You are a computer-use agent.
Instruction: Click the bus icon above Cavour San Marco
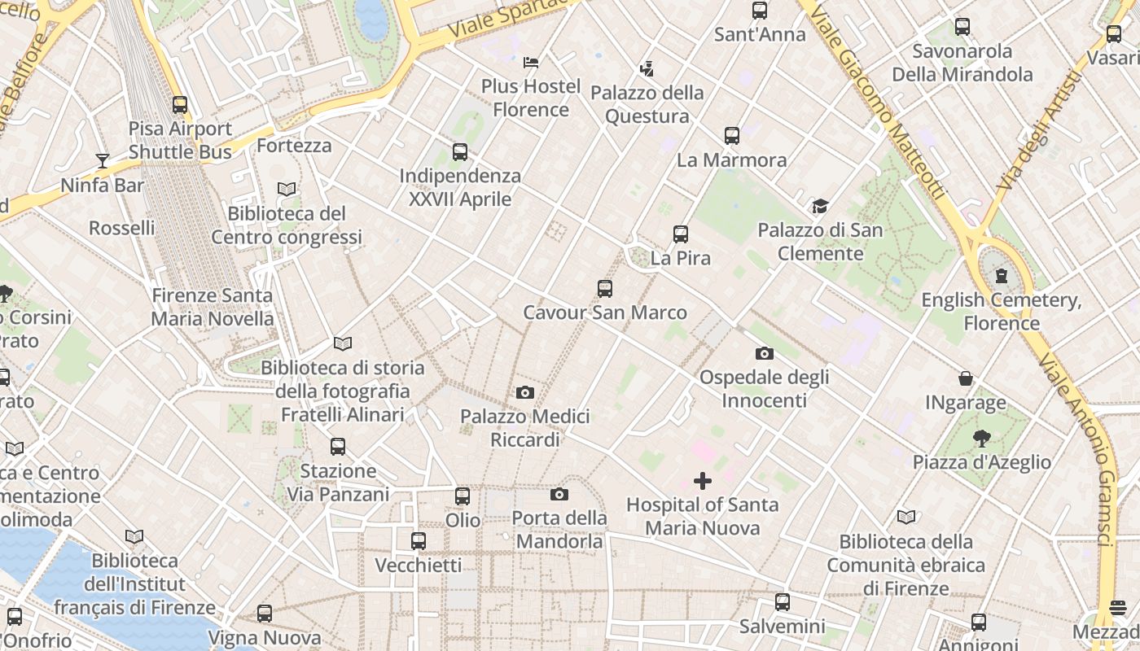coord(604,289)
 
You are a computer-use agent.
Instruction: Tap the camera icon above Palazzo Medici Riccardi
coord(525,393)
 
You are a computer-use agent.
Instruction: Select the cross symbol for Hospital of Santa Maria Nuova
coord(703,481)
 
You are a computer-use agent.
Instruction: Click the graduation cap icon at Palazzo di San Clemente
coord(820,207)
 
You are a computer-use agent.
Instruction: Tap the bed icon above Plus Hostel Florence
coord(531,62)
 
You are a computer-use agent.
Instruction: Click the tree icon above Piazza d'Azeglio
coord(982,439)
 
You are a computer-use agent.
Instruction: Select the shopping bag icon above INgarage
coord(966,378)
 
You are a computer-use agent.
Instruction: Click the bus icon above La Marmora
coord(732,136)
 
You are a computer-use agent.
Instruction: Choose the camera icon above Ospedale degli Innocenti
coord(764,353)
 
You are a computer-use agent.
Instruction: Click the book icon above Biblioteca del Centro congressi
coord(287,190)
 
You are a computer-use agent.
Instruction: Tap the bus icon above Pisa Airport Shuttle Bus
coord(180,105)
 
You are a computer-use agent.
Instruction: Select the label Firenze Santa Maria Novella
coord(213,307)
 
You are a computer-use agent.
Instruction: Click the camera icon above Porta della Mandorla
coord(559,494)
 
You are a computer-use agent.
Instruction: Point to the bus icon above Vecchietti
coord(419,541)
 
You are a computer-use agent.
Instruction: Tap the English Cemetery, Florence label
coord(1002,312)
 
